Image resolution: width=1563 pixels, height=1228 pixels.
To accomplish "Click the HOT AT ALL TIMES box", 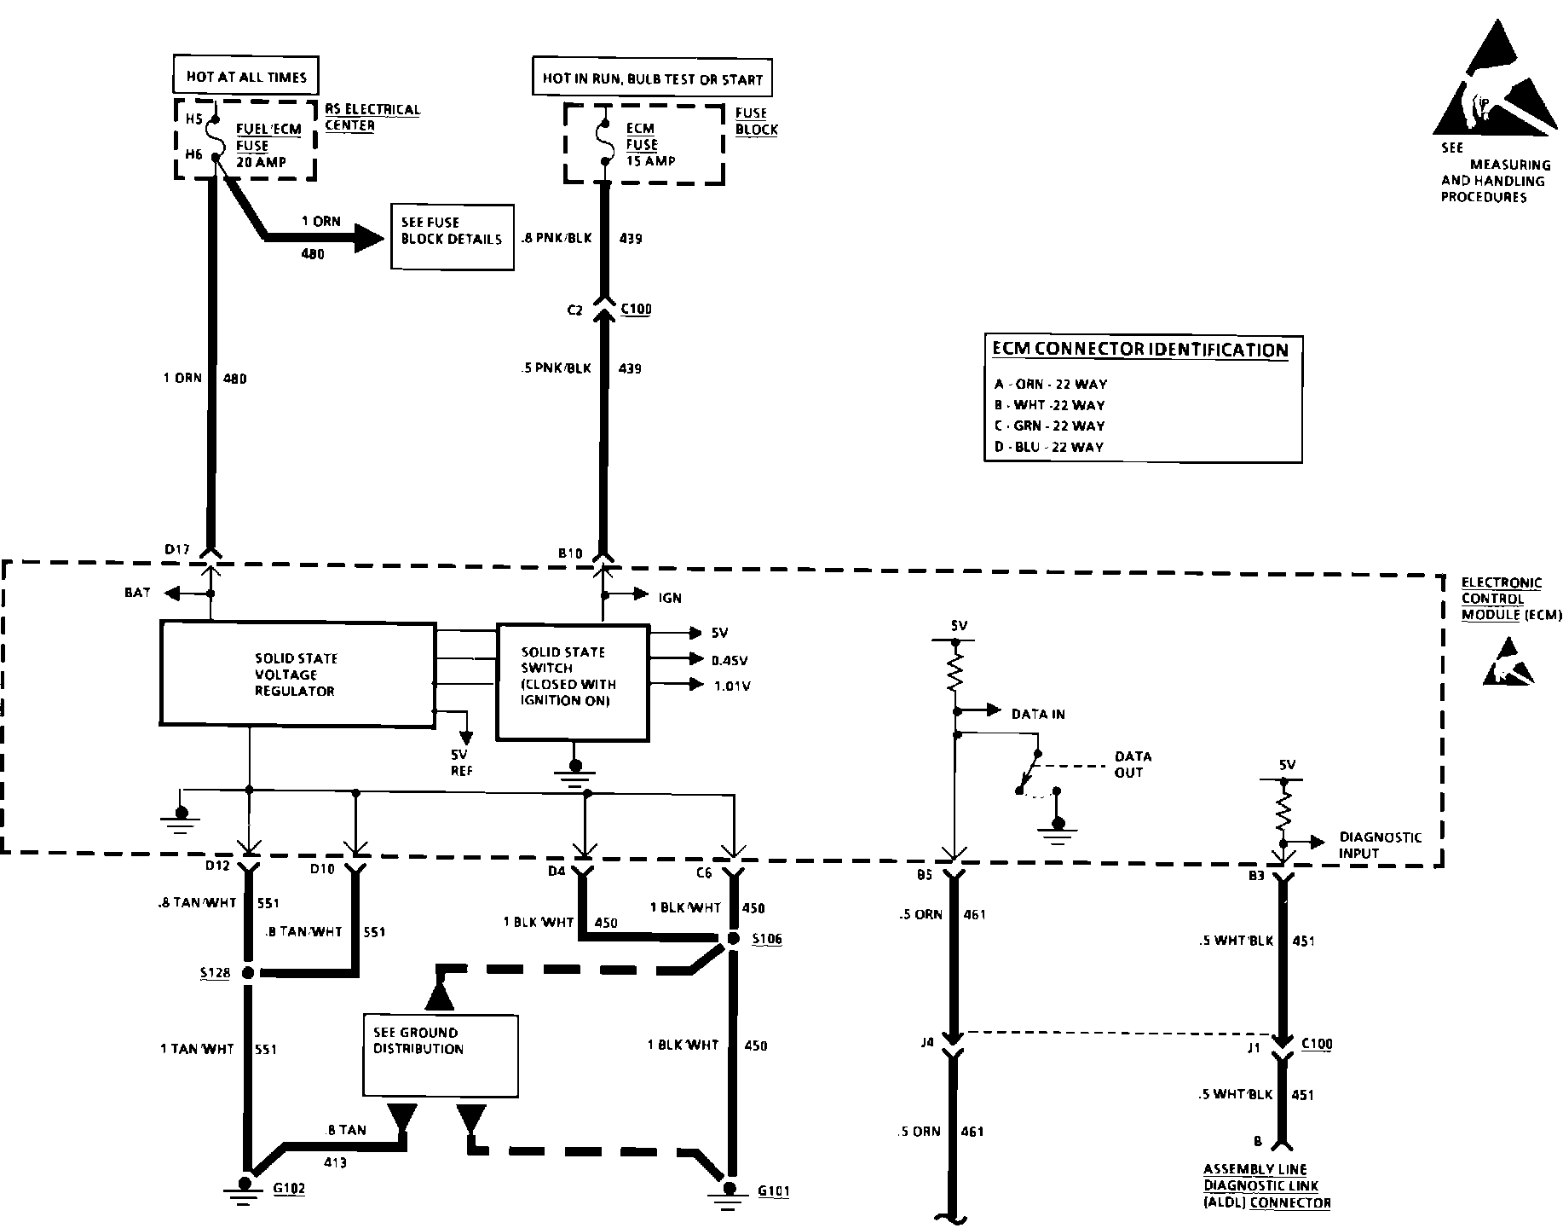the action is pyautogui.click(x=246, y=76).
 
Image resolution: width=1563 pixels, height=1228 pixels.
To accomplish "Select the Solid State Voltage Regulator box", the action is pyautogui.click(x=297, y=675).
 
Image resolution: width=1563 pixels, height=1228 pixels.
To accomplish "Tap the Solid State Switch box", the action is pyautogui.click(x=573, y=682).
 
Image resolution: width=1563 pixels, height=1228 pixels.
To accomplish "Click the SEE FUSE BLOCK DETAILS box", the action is pyautogui.click(x=453, y=237).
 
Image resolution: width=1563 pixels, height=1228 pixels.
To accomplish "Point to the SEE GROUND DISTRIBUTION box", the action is pyautogui.click(x=440, y=1055).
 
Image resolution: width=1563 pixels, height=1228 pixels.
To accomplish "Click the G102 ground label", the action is pyautogui.click(x=289, y=1189).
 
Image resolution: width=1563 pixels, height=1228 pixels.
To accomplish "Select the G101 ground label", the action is pyautogui.click(x=773, y=1191).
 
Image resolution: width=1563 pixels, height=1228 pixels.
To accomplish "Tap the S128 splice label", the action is pyautogui.click(x=215, y=973).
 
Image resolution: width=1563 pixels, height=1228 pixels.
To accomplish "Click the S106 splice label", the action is pyautogui.click(x=767, y=939).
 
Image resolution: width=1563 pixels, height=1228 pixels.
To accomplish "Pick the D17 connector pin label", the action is pyautogui.click(x=177, y=550).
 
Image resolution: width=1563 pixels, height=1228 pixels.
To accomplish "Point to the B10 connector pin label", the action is pyautogui.click(x=570, y=553).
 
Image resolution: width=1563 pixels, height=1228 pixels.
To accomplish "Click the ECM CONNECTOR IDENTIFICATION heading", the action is pyautogui.click(x=1140, y=350).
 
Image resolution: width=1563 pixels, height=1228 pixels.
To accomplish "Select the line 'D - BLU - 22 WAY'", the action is pyautogui.click(x=1048, y=447).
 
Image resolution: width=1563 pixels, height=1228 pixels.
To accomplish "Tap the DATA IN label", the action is pyautogui.click(x=1038, y=714).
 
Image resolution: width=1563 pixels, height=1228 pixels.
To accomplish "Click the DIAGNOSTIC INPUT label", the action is pyautogui.click(x=1380, y=845).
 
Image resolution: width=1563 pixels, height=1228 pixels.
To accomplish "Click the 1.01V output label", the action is pyautogui.click(x=732, y=686).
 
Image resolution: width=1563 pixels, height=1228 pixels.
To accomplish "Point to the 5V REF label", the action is pyautogui.click(x=462, y=762).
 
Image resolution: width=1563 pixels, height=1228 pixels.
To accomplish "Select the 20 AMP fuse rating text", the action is pyautogui.click(x=261, y=162).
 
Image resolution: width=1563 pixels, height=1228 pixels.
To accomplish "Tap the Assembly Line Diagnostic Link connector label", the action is pyautogui.click(x=1267, y=1186).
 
